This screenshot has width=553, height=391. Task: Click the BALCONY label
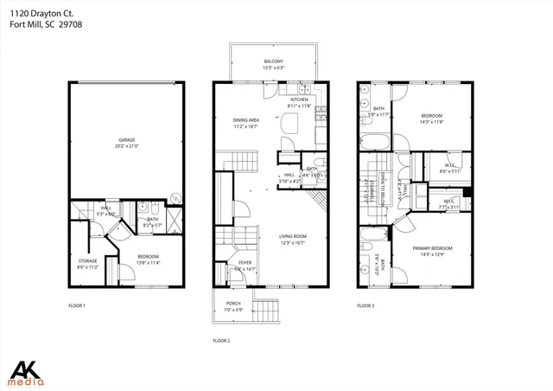point(273,61)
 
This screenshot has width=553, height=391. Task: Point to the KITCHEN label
point(299,99)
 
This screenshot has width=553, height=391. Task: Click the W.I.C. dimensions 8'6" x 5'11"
point(450,171)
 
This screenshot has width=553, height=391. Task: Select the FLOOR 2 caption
point(223,341)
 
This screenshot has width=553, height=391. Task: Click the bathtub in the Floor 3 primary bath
point(372,234)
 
